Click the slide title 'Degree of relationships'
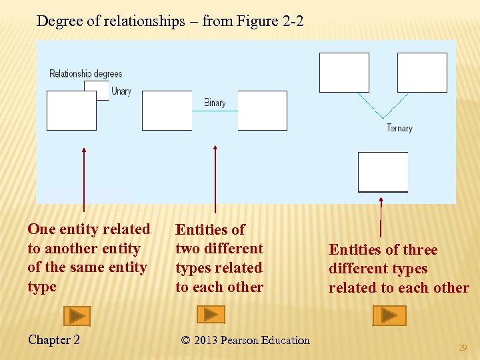[170, 21]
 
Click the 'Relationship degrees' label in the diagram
[86, 73]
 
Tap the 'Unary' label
[121, 91]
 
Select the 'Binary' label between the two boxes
[215, 103]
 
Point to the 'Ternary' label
[399, 128]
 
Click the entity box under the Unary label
[71, 111]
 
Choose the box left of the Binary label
[167, 111]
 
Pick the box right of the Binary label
[262, 111]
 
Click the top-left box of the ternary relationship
[344, 72]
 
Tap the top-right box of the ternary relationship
[422, 72]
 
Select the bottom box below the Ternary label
[383, 172]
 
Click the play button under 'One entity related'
[77, 315]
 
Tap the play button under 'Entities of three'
[389, 315]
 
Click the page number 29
[463, 347]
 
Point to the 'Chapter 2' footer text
[54, 340]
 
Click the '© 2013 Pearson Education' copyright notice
[245, 340]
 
